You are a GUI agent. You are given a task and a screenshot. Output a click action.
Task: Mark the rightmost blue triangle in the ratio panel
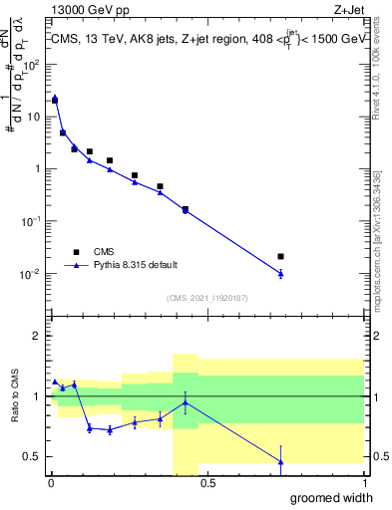[280, 461]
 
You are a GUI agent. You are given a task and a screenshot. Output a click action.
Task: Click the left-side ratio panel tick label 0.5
[33, 456]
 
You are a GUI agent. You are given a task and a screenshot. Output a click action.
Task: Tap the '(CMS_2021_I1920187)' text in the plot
[205, 297]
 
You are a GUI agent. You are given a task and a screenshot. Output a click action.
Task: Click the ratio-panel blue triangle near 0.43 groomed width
[186, 402]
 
